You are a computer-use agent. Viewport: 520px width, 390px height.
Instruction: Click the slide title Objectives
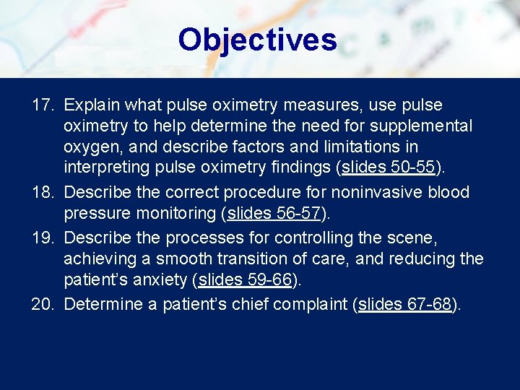click(257, 40)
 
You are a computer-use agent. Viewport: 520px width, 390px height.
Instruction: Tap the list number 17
click(42, 105)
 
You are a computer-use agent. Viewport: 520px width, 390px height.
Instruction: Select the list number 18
click(42, 193)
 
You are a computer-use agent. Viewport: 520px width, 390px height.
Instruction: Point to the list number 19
click(42, 238)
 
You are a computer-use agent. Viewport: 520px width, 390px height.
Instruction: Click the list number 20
click(42, 304)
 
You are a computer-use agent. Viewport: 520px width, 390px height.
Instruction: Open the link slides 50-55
click(389, 168)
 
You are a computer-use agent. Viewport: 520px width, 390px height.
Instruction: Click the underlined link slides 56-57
click(274, 213)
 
